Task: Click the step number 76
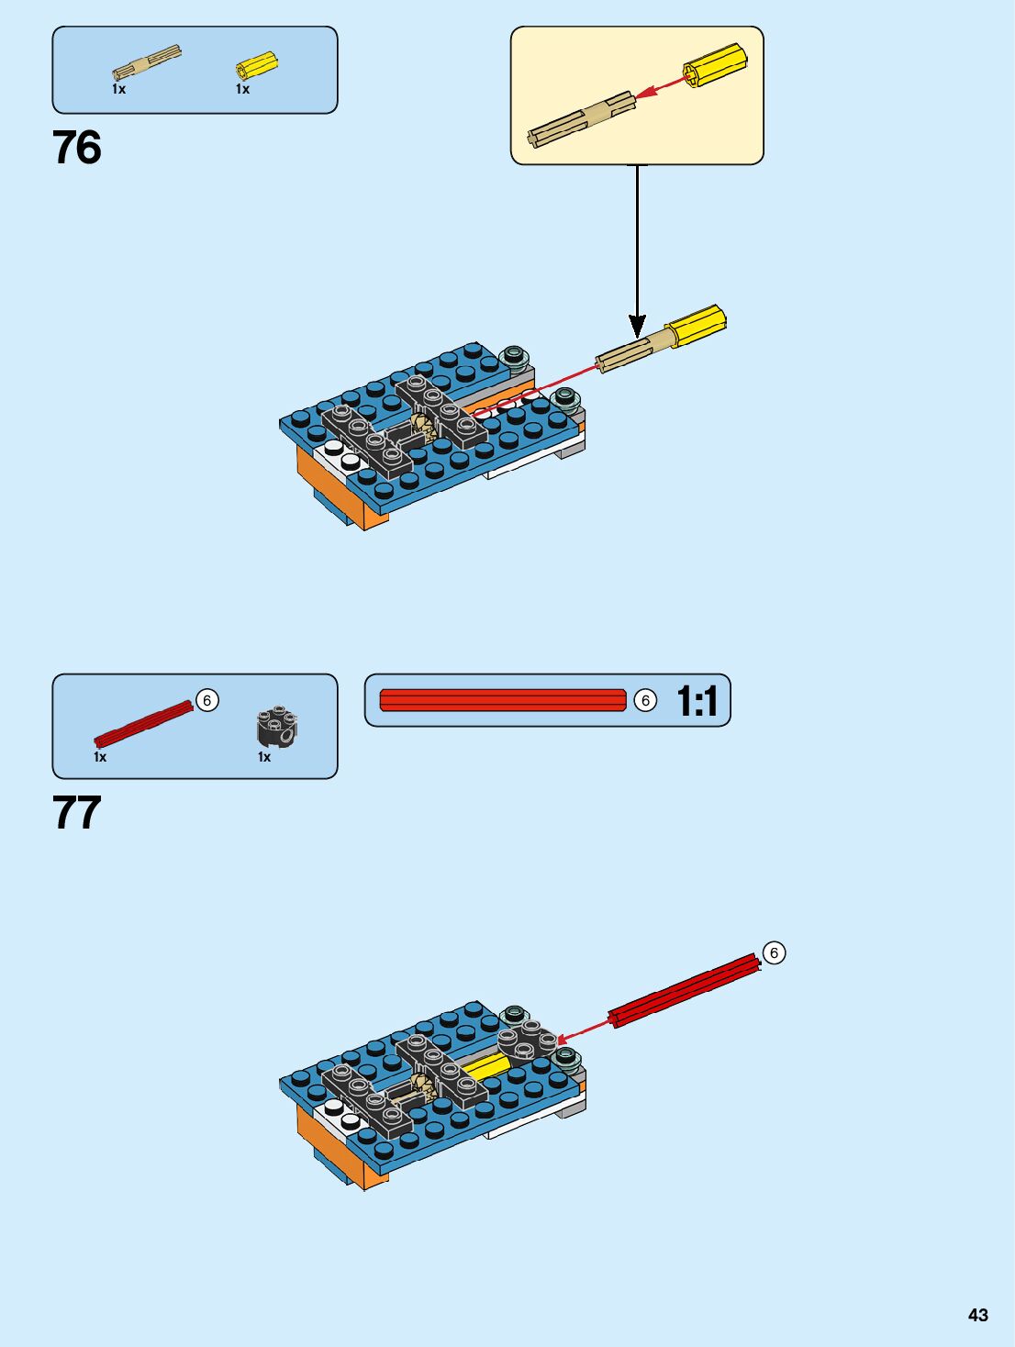(x=77, y=148)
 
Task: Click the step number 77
(x=77, y=813)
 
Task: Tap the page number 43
(x=978, y=1315)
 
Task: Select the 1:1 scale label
(x=697, y=701)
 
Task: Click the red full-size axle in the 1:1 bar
(x=502, y=700)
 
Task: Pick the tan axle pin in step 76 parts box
(x=146, y=61)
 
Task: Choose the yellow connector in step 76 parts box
(x=256, y=65)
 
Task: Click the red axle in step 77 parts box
(x=143, y=724)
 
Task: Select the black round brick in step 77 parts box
(x=276, y=726)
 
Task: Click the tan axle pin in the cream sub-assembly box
(x=581, y=119)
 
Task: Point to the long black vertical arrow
(x=637, y=248)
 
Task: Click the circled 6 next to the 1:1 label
(x=645, y=701)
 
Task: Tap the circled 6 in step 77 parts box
(x=207, y=701)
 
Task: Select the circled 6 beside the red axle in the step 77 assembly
(x=774, y=953)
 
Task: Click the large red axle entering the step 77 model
(x=685, y=991)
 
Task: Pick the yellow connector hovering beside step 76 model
(x=697, y=326)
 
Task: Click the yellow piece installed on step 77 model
(x=486, y=1066)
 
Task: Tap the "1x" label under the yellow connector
(x=242, y=89)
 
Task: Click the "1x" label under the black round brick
(x=264, y=757)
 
